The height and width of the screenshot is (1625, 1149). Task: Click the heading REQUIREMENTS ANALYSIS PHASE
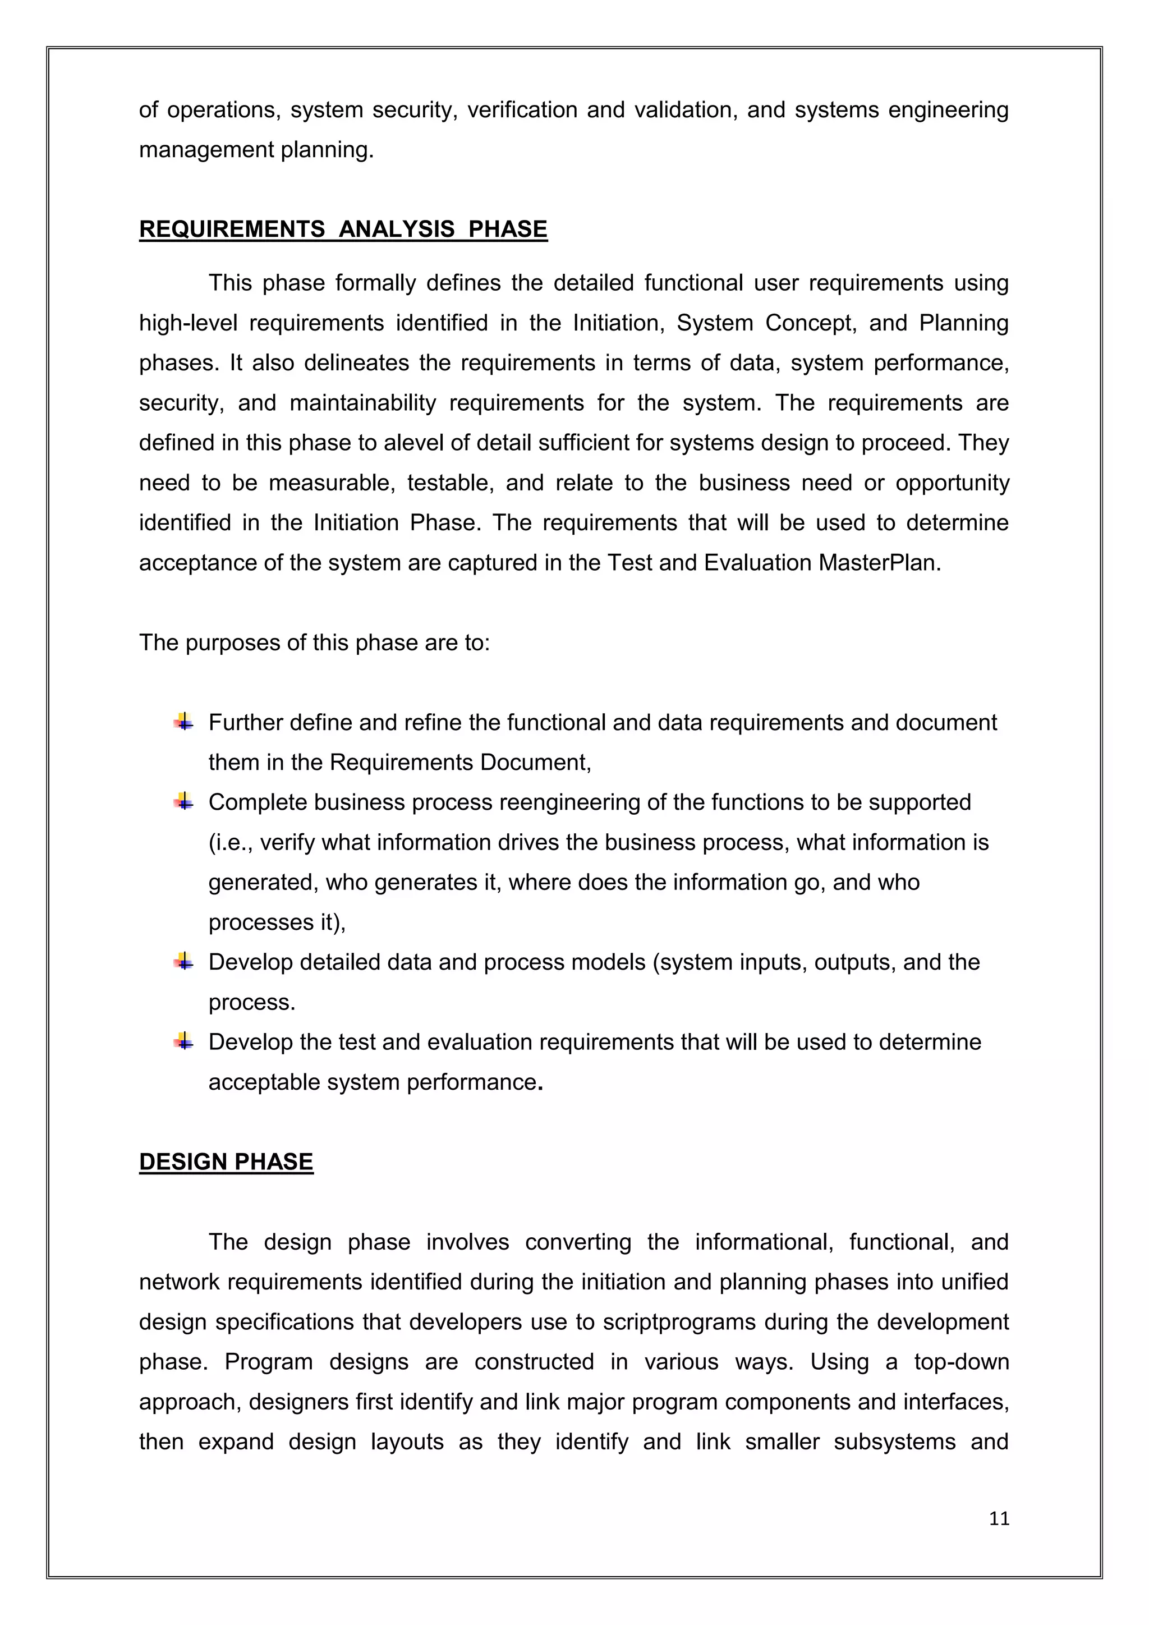point(343,229)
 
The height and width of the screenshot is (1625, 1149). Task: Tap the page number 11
point(999,1519)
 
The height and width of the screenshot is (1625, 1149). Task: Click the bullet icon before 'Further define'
point(184,722)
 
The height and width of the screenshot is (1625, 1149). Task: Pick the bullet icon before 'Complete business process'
point(184,802)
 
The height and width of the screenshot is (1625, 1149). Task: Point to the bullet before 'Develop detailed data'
point(184,962)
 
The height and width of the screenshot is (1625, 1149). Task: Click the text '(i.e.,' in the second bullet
point(231,842)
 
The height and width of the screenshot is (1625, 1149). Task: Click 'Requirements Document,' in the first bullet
point(460,762)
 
